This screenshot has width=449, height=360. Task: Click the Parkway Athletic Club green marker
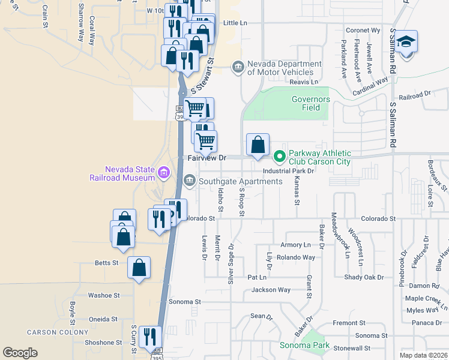(x=279, y=157)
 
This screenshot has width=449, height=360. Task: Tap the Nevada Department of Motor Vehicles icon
(x=238, y=65)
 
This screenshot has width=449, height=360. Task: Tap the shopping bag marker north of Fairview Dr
(x=258, y=145)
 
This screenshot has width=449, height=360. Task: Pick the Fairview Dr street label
(x=206, y=158)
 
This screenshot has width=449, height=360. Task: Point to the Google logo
(x=20, y=353)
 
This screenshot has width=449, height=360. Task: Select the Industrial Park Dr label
(x=288, y=170)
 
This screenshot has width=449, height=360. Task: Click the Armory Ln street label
(x=296, y=245)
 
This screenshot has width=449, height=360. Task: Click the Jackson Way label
(x=271, y=290)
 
